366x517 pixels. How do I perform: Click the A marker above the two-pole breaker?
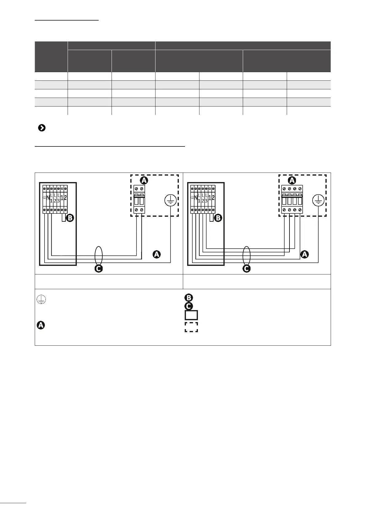coord(144,180)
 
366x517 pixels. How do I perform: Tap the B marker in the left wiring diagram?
coord(70,218)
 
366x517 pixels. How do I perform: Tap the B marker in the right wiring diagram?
coord(218,218)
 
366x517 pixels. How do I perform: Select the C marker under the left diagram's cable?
coord(99,269)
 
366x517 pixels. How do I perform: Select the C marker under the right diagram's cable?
coord(246,269)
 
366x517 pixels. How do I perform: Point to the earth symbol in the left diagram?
coord(170,201)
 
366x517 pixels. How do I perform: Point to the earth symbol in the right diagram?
coord(318,201)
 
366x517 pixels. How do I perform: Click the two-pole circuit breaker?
coord(139,199)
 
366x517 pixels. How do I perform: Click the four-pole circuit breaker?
coord(292,199)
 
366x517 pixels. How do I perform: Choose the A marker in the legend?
coord(41,325)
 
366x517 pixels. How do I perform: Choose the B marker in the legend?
coord(188,298)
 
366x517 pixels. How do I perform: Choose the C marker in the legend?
coord(188,306)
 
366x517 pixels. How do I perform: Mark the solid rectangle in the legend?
coord(191,315)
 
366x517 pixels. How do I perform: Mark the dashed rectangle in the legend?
coord(191,327)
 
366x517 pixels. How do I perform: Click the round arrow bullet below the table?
coord(42,128)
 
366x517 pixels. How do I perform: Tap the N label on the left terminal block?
coord(48,198)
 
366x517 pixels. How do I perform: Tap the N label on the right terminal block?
coord(196,198)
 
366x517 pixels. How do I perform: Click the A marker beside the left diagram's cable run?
coord(156,255)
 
